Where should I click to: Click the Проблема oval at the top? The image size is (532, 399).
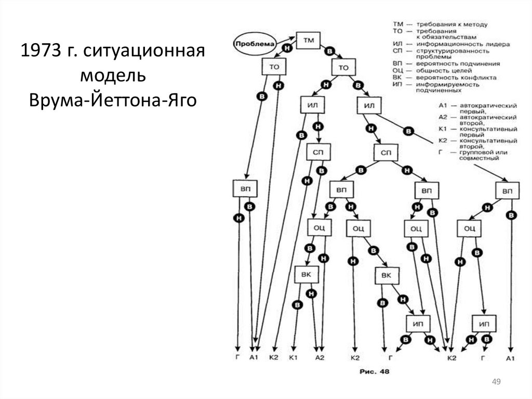coord(254,44)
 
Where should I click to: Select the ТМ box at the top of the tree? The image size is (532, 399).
coord(308,40)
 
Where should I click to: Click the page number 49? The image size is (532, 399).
coord(496,383)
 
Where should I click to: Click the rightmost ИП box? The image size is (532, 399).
coord(484,324)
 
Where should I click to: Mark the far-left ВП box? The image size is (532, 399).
coord(245,189)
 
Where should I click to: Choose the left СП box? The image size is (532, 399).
coord(318,152)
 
